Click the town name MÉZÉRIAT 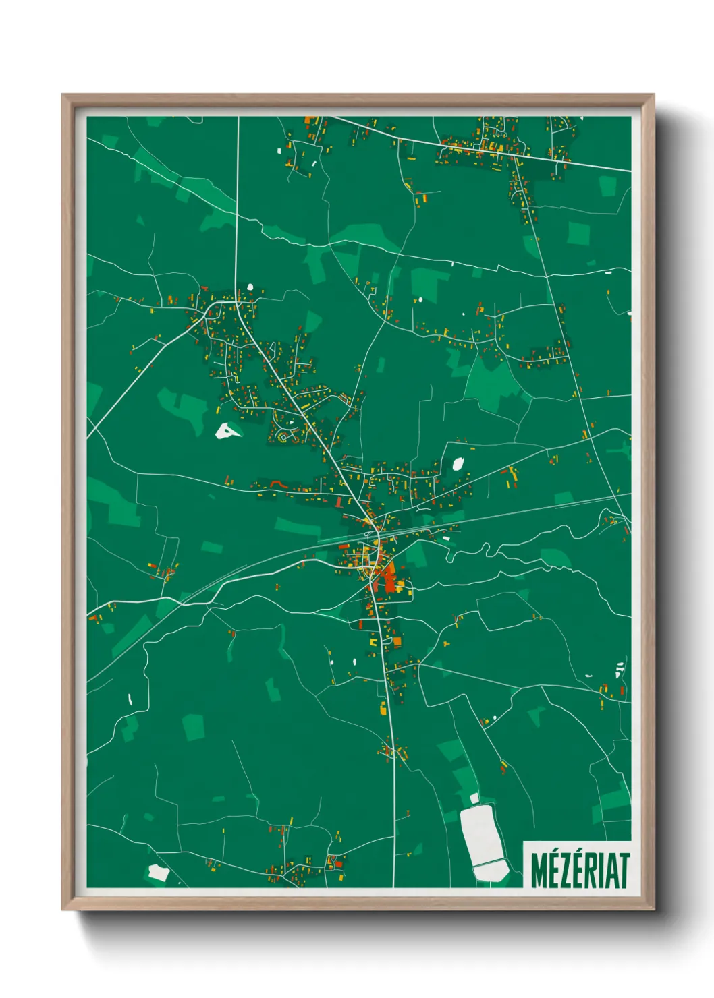click(x=580, y=870)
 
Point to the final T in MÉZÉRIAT click(x=624, y=871)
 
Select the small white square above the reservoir click(x=474, y=798)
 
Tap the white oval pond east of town click(x=458, y=463)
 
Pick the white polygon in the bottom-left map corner click(x=158, y=872)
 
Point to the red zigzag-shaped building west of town click(x=275, y=483)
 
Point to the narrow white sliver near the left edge click(x=130, y=699)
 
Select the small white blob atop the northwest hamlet click(x=250, y=287)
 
